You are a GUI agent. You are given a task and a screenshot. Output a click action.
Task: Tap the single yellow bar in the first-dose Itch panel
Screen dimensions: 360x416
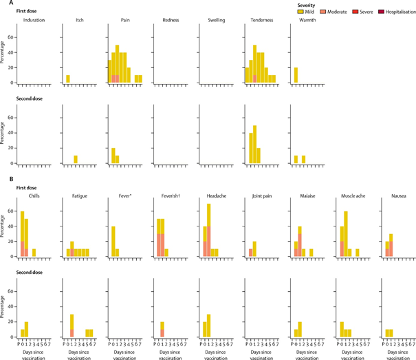pos(67,79)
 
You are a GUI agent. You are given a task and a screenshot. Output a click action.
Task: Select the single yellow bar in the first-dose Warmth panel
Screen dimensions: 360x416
pos(296,75)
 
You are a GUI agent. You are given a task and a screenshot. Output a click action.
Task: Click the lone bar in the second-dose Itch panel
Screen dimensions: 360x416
pos(76,159)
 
